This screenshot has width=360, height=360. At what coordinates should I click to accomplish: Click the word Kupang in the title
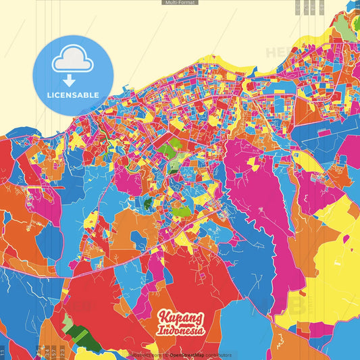(180, 318)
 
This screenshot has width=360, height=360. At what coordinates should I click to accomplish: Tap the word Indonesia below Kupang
(180, 331)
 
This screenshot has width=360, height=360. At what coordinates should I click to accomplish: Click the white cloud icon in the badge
(72, 61)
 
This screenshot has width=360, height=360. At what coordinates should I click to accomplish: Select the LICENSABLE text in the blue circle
(72, 95)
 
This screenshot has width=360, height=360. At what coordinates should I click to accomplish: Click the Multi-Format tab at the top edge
(180, 3)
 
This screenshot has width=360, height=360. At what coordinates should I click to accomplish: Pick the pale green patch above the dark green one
(68, 324)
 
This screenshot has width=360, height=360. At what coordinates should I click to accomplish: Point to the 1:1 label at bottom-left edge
(3, 352)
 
